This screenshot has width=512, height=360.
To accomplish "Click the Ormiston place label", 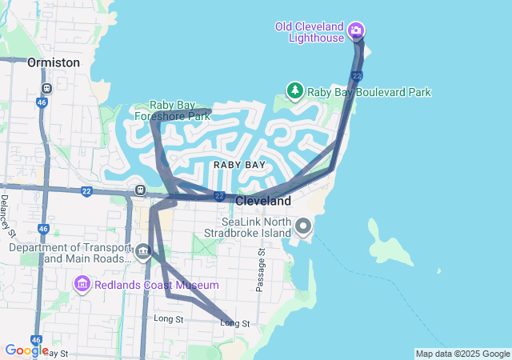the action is click(54, 62).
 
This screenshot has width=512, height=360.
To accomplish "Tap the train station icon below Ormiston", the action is click(47, 88).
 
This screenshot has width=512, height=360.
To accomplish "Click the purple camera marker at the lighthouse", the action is click(355, 32).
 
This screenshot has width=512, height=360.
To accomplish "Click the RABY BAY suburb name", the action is click(239, 165).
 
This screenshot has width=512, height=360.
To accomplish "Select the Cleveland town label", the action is click(262, 201).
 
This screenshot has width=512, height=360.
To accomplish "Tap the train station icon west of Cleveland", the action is click(140, 190).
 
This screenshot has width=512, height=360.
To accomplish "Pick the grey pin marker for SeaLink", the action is click(302, 227).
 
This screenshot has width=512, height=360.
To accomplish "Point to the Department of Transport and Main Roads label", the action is click(70, 253).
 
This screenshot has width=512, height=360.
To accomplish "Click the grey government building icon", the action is click(142, 253).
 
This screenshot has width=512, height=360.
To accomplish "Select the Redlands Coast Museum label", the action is click(157, 285).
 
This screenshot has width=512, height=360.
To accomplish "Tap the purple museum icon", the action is click(82, 284).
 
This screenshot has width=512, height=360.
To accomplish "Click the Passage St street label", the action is click(260, 270).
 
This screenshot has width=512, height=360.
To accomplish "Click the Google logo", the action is click(26, 350).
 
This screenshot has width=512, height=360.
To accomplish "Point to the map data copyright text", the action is click(462, 354).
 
